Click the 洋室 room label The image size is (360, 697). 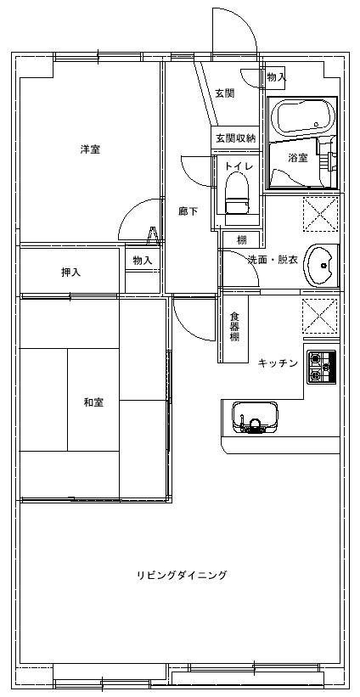(x=90, y=149)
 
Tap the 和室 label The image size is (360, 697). (x=93, y=402)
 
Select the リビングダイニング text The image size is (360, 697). (x=182, y=575)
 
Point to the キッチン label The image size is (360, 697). (x=278, y=363)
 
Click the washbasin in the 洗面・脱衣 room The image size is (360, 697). (x=321, y=266)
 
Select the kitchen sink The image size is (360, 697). (x=255, y=418)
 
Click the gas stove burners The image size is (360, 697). (x=322, y=366)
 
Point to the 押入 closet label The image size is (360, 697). (x=70, y=273)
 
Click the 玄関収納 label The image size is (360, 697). (x=236, y=138)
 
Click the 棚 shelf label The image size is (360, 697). (x=242, y=240)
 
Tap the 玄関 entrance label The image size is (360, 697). (x=225, y=93)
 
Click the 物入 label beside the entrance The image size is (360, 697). (x=277, y=76)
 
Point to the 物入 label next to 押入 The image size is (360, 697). (x=143, y=261)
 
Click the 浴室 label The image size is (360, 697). (x=298, y=157)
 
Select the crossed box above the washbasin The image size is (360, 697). (x=321, y=214)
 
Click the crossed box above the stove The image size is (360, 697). (x=320, y=316)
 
